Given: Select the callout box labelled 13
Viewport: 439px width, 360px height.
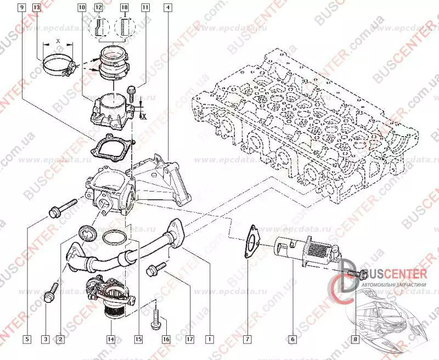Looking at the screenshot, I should pyautogui.click(x=36, y=8).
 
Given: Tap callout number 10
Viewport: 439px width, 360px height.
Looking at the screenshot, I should pyautogui.click(x=82, y=8).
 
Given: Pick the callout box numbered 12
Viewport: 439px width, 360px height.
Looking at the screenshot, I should pyautogui.click(x=98, y=8).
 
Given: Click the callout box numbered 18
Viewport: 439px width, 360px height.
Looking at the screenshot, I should pyautogui.click(x=124, y=8).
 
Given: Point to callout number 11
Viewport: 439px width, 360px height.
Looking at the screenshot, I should pyautogui.click(x=145, y=8).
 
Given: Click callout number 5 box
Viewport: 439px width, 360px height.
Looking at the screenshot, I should pyautogui.click(x=26, y=339).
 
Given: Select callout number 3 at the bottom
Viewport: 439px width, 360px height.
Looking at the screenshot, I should pyautogui.click(x=46, y=339).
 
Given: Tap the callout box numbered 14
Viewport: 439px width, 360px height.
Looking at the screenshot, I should pyautogui.click(x=111, y=339).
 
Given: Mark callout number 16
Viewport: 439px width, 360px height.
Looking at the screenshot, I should pyautogui.click(x=166, y=339).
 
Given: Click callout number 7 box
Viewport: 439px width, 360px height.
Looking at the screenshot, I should pyautogui.click(x=248, y=339).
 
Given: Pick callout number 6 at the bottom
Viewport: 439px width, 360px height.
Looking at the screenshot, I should pyautogui.click(x=293, y=339).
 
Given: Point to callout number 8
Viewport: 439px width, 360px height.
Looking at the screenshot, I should pyautogui.click(x=355, y=339).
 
